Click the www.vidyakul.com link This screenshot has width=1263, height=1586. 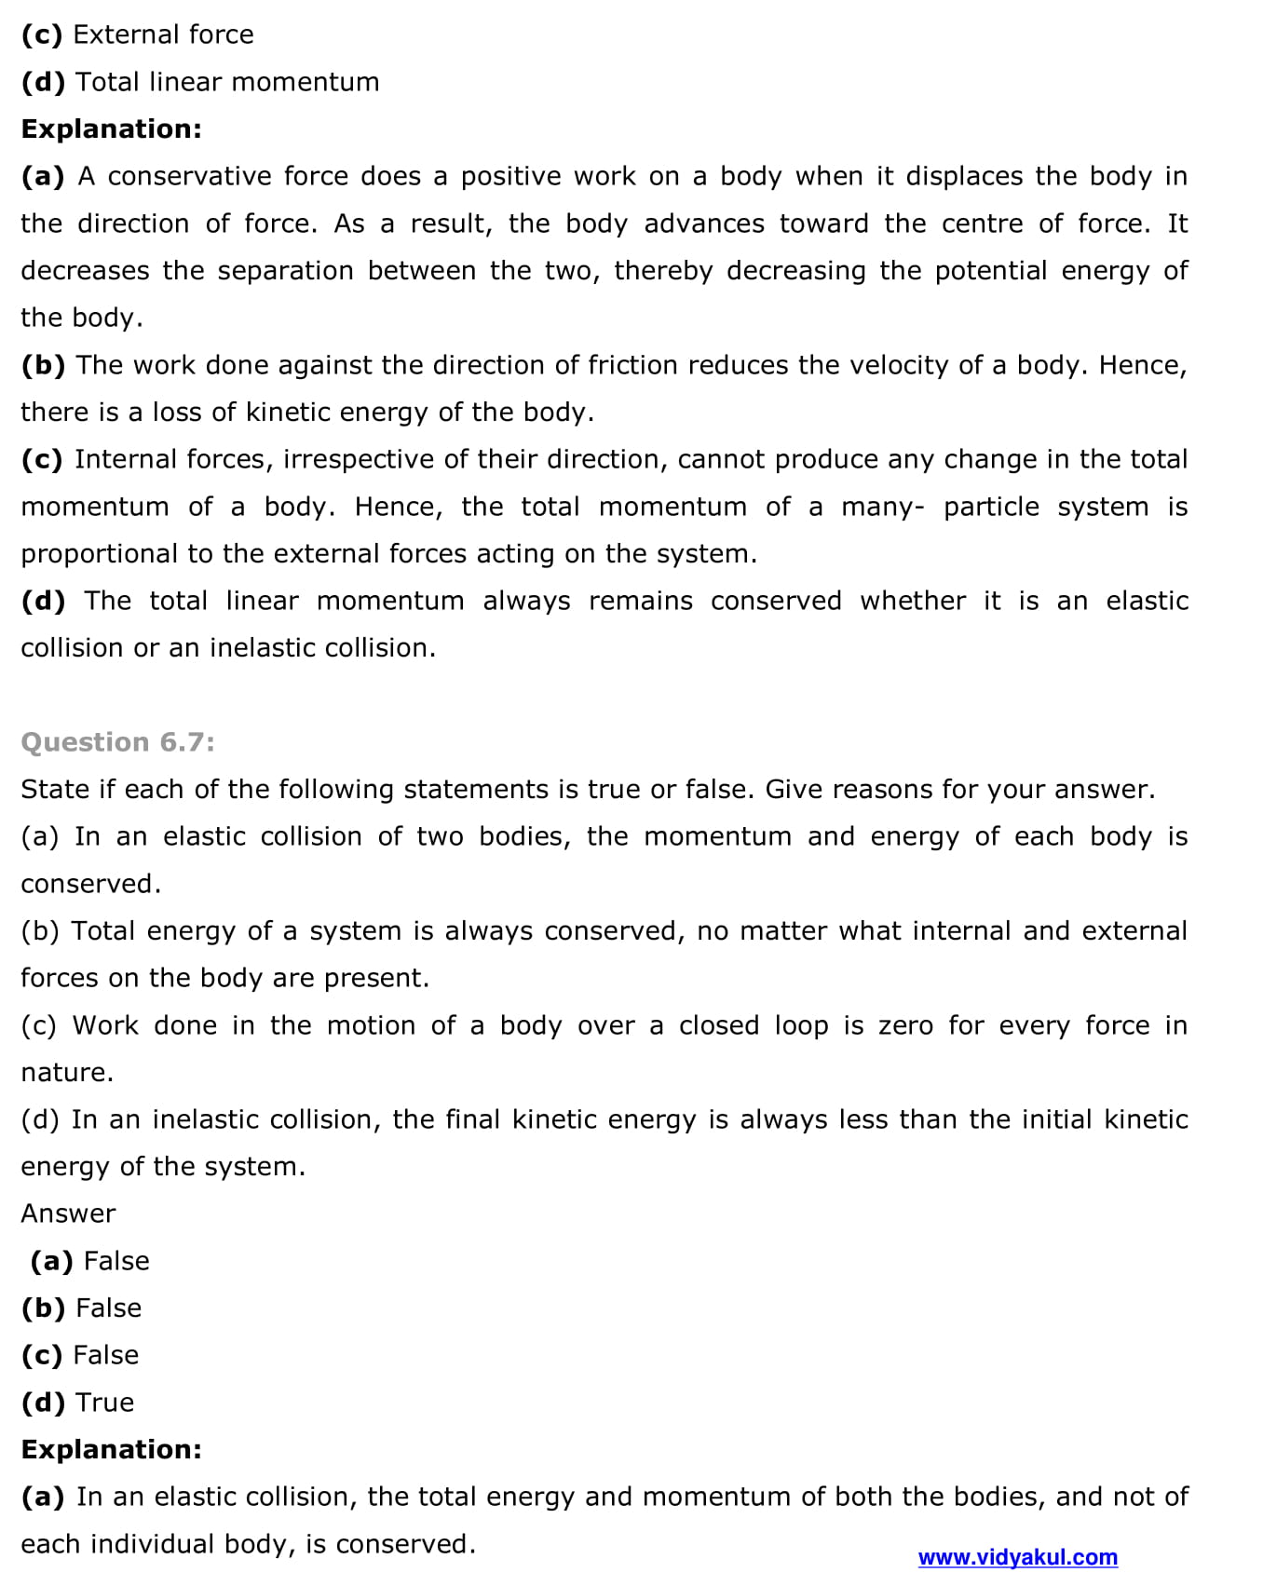pos(1017,1557)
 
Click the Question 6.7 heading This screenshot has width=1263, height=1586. pos(117,742)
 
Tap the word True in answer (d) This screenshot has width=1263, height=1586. pos(104,1403)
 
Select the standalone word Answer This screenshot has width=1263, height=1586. pos(68,1213)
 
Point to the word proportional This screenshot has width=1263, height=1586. pos(98,554)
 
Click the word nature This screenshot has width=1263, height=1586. pos(66,1073)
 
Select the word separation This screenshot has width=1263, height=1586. pos(285,271)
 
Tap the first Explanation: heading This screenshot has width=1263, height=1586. pos(111,129)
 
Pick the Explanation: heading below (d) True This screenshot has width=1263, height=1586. pos(111,1449)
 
